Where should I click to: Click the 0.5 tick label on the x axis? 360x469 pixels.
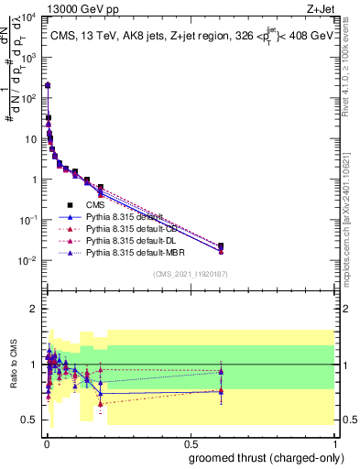point(190,442)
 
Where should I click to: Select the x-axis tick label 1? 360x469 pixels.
point(334,442)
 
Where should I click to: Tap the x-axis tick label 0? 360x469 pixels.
point(46,442)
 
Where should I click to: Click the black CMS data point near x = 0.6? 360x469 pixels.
point(220,245)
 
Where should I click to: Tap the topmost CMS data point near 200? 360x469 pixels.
point(48,85)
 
